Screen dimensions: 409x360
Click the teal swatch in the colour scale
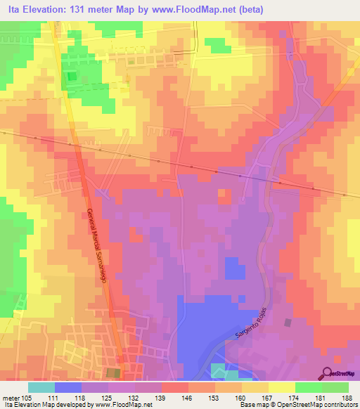41,387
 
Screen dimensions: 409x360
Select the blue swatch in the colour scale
67,387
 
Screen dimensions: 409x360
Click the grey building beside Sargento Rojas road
287,323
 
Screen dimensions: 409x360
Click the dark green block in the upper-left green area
70,79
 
